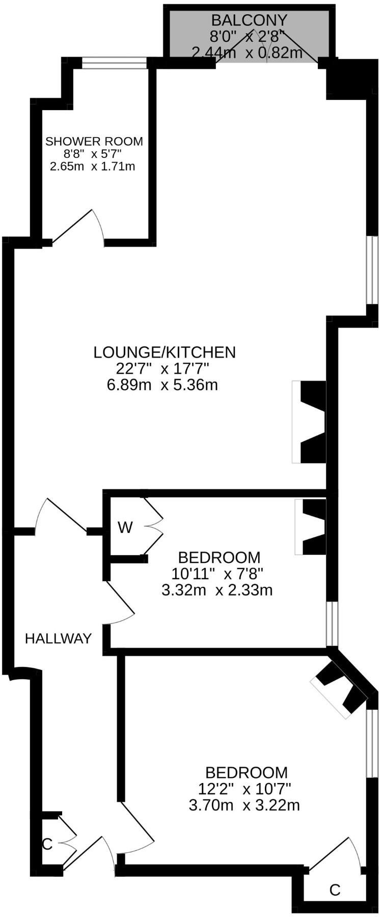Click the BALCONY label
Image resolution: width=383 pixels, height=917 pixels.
click(249, 20)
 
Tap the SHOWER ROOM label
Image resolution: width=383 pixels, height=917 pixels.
click(94, 141)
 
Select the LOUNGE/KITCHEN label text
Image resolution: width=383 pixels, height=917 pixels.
click(165, 352)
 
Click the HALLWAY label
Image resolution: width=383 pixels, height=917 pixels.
click(59, 638)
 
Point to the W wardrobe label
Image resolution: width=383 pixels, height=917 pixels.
click(125, 527)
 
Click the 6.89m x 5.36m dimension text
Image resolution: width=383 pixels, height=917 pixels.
click(162, 385)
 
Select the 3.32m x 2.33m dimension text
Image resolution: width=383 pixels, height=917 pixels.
click(216, 590)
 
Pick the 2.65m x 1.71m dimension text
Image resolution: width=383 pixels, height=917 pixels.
click(92, 166)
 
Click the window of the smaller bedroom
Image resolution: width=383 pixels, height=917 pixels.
click(332, 624)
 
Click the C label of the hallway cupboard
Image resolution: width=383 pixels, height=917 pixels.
click(47, 844)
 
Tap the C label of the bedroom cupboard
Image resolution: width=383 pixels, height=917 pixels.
click(334, 890)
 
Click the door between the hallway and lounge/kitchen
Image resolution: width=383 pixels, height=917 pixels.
click(61, 517)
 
